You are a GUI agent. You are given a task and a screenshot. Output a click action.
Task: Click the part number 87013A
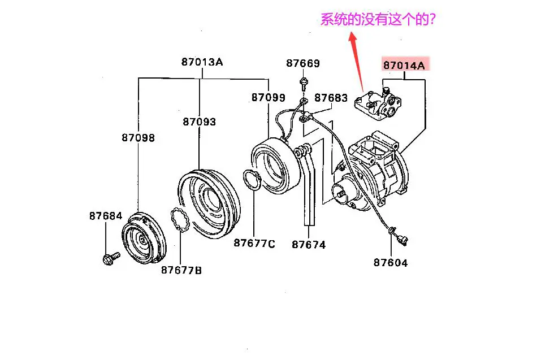click(202, 62)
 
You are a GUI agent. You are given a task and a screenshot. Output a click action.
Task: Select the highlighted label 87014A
click(404, 65)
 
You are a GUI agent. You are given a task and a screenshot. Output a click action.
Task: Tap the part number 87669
click(303, 63)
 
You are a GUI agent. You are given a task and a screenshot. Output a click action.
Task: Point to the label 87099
click(268, 98)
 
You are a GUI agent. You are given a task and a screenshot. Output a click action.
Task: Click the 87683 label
click(331, 98)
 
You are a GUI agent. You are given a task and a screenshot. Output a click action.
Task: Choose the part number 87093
click(199, 122)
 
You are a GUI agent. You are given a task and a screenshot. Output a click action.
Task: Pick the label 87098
click(138, 137)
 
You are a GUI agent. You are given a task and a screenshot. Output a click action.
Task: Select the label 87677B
click(181, 270)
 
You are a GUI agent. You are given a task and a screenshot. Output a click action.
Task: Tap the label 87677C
click(254, 244)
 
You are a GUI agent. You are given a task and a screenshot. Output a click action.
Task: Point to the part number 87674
click(309, 245)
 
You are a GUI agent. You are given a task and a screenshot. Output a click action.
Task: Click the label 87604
click(390, 262)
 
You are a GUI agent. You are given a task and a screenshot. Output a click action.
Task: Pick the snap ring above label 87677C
click(253, 181)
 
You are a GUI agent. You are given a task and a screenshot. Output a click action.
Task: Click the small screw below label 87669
click(304, 85)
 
